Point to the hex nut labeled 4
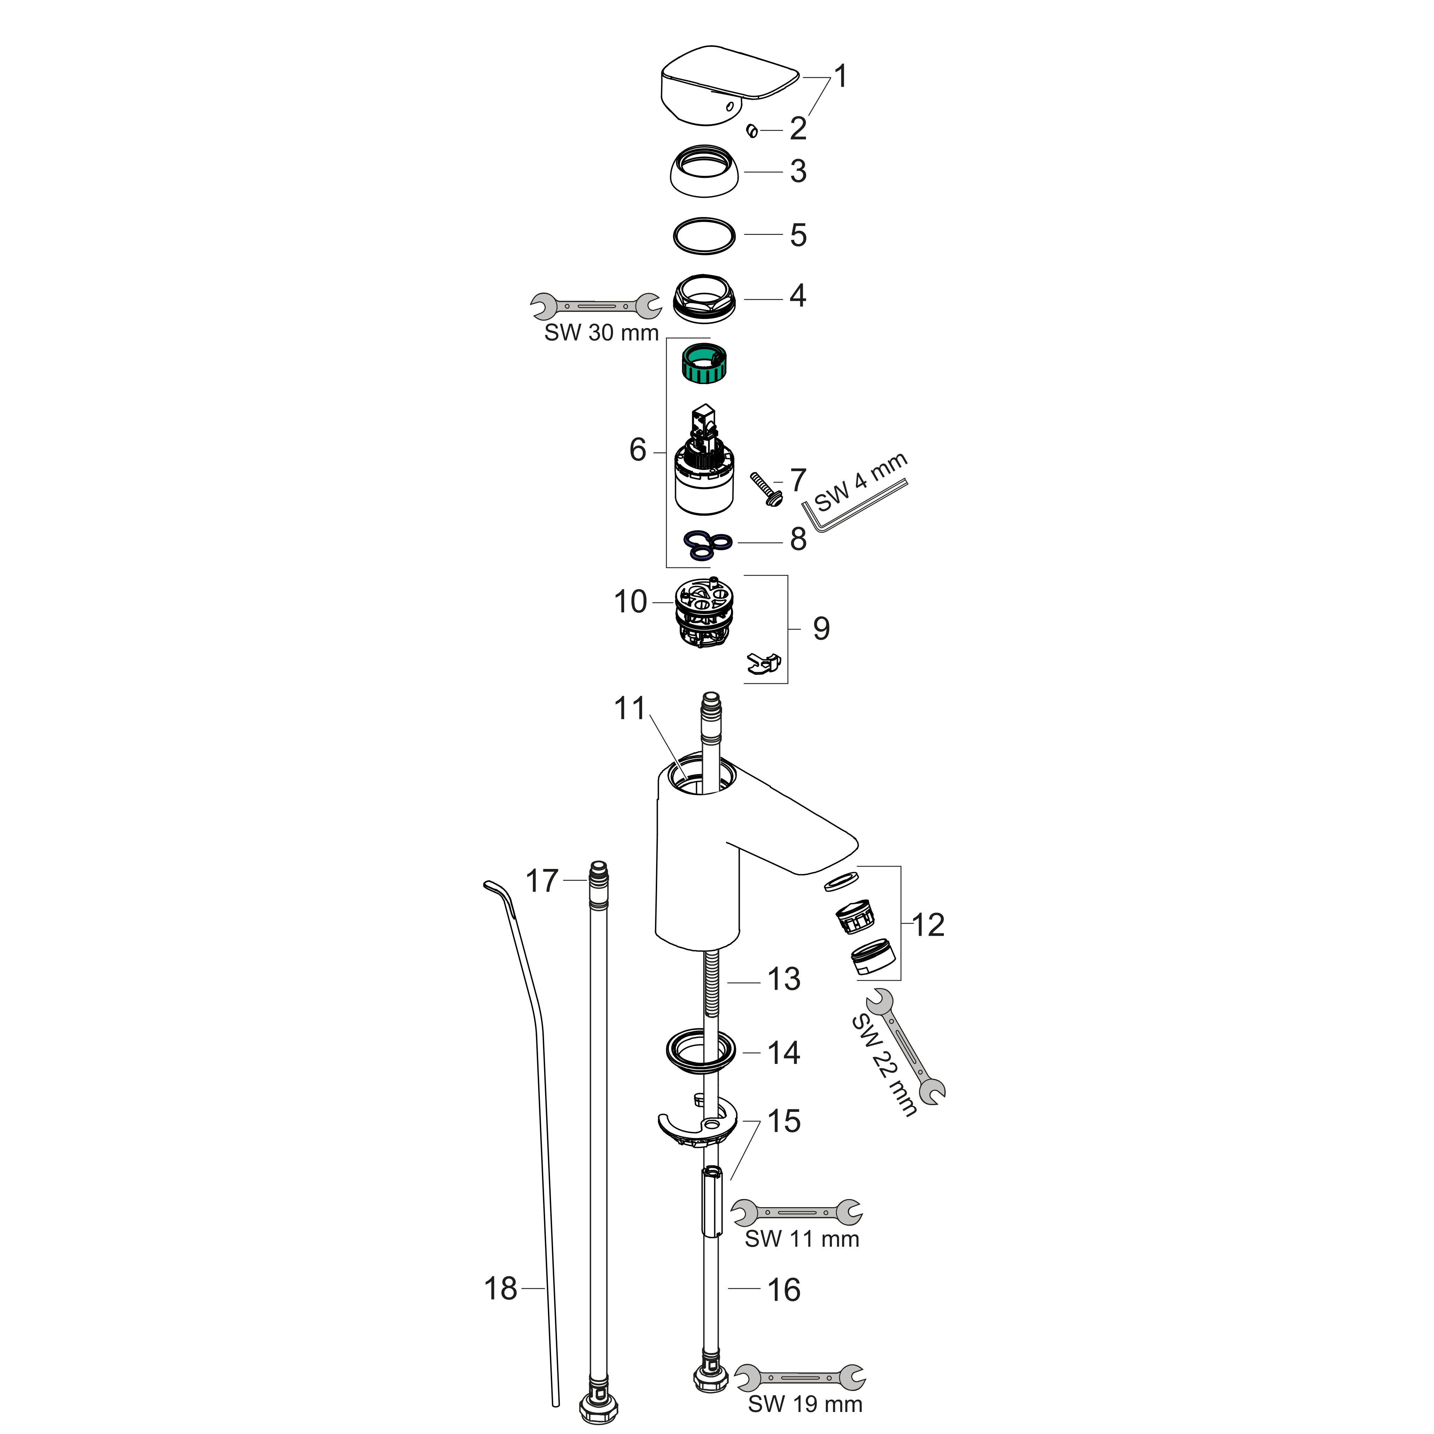[704, 299]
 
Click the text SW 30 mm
[601, 333]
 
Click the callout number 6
[638, 450]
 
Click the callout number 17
[542, 881]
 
